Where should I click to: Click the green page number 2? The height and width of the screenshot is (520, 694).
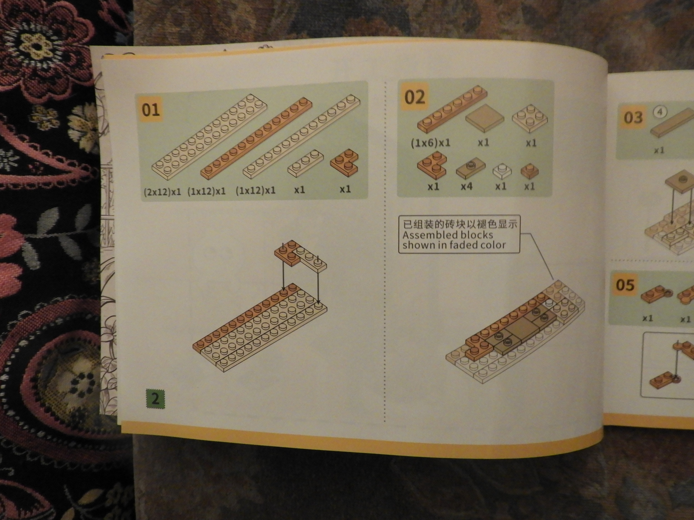click(155, 399)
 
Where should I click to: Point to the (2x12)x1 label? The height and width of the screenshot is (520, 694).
click(162, 192)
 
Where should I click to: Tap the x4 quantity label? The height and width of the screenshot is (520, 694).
click(466, 187)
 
